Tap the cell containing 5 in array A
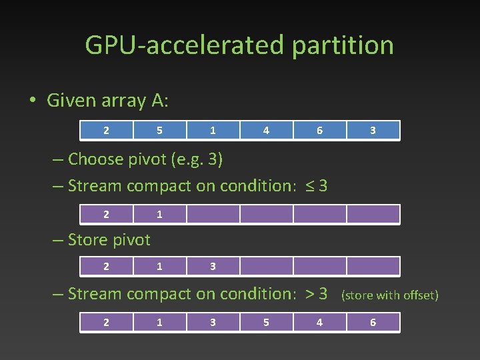click(x=159, y=131)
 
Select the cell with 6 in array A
click(x=319, y=131)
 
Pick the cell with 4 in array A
click(x=266, y=131)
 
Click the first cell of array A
click(x=107, y=131)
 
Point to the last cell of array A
click(x=373, y=131)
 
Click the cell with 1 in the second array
click(x=159, y=214)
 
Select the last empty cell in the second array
click(x=373, y=214)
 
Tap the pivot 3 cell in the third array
click(x=213, y=266)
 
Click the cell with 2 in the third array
click(x=107, y=266)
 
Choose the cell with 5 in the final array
click(x=266, y=322)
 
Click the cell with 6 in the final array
click(x=373, y=322)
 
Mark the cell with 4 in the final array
click(x=319, y=322)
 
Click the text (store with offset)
click(x=390, y=295)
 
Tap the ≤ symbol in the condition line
click(x=310, y=186)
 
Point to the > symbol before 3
click(x=309, y=293)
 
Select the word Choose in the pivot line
click(x=95, y=159)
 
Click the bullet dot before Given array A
click(x=32, y=101)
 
